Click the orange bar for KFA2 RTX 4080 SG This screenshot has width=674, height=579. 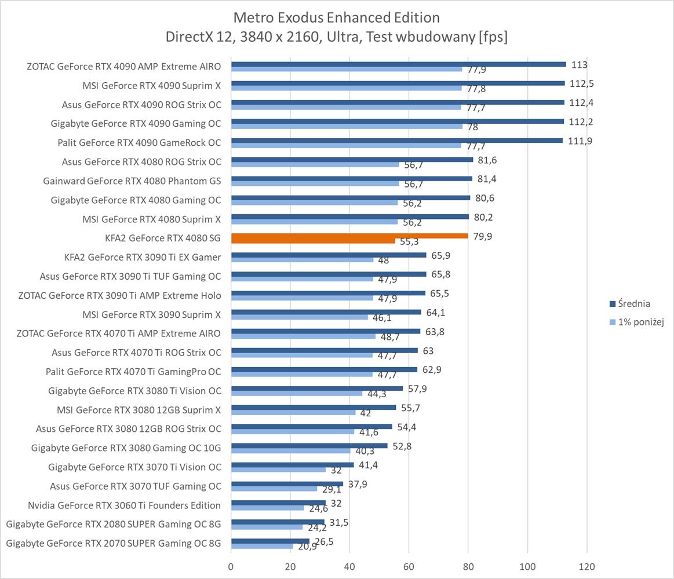pyautogui.click(x=349, y=236)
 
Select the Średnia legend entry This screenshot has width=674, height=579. pyautogui.click(x=633, y=303)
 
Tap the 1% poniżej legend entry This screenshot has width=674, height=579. pyautogui.click(x=640, y=323)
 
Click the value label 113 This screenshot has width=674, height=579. pyautogui.click(x=579, y=65)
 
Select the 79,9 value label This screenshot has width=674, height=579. pyautogui.click(x=482, y=236)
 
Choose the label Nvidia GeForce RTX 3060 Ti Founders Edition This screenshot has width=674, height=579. pyautogui.click(x=124, y=505)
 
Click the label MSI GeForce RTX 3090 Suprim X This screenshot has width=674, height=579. pyautogui.click(x=152, y=314)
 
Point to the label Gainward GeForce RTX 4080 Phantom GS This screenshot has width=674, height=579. pyautogui.click(x=132, y=181)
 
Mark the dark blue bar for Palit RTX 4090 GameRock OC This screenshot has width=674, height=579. pyautogui.click(x=396, y=140)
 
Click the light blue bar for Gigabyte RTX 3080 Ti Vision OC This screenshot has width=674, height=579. pyautogui.click(x=296, y=394)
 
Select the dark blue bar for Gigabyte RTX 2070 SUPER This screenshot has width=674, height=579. pyautogui.click(x=270, y=541)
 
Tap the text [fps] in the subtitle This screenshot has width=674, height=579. pyautogui.click(x=492, y=37)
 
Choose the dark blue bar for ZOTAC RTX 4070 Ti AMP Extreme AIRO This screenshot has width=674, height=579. pyautogui.click(x=325, y=331)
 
